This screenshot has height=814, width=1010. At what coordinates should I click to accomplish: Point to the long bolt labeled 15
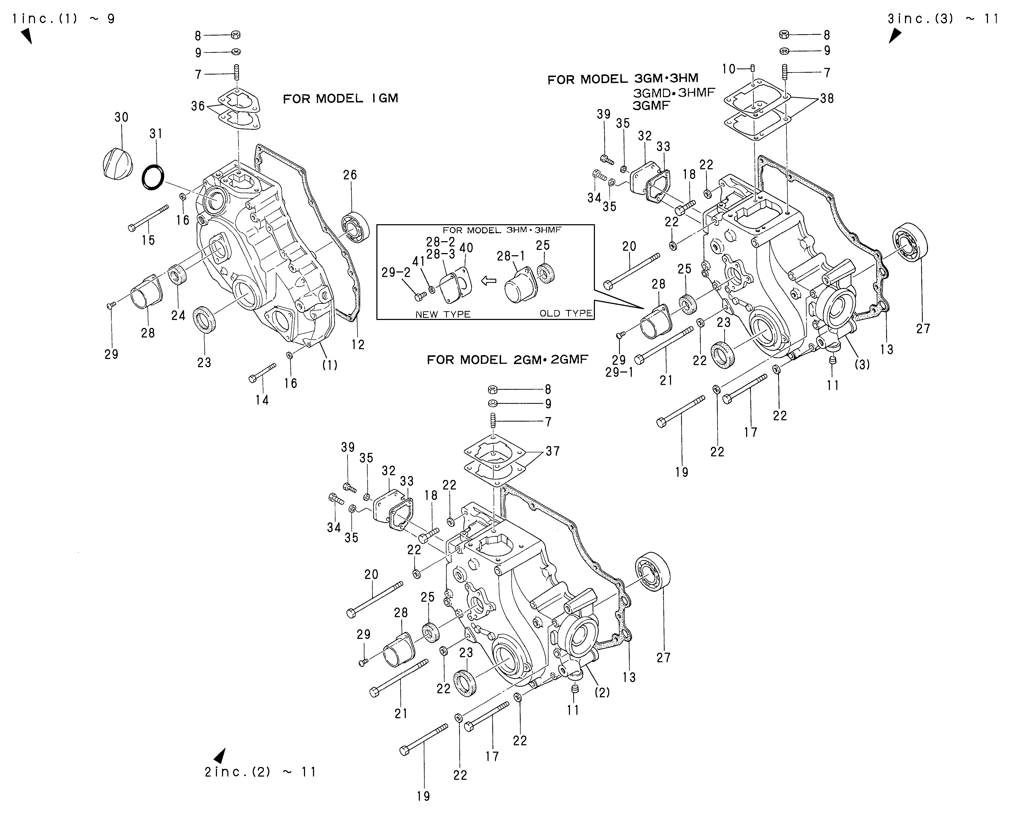click(x=148, y=219)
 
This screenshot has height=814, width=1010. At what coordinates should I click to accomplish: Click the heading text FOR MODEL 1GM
click(x=341, y=98)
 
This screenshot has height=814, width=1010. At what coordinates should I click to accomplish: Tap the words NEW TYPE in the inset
click(x=443, y=314)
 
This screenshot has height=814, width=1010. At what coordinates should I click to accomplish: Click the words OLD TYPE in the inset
click(x=566, y=313)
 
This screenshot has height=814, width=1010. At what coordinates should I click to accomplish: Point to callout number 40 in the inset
click(x=466, y=248)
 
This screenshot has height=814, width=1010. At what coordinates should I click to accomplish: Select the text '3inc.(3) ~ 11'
click(x=943, y=19)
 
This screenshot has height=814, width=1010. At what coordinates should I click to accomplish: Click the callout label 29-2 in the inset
click(x=396, y=272)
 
